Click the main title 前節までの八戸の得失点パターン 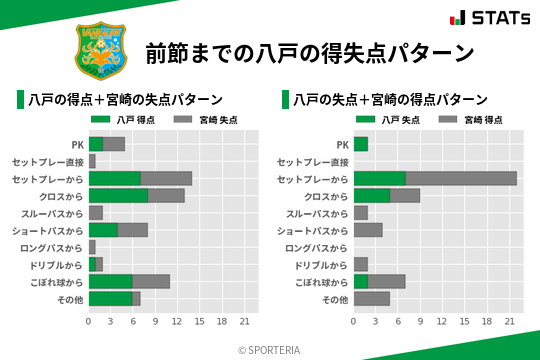309,52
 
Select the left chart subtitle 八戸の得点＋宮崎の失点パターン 124,100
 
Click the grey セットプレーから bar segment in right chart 461,178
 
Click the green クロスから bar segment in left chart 118,195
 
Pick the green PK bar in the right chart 360,144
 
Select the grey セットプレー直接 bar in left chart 92,161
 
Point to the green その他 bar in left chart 110,298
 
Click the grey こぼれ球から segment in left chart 151,281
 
